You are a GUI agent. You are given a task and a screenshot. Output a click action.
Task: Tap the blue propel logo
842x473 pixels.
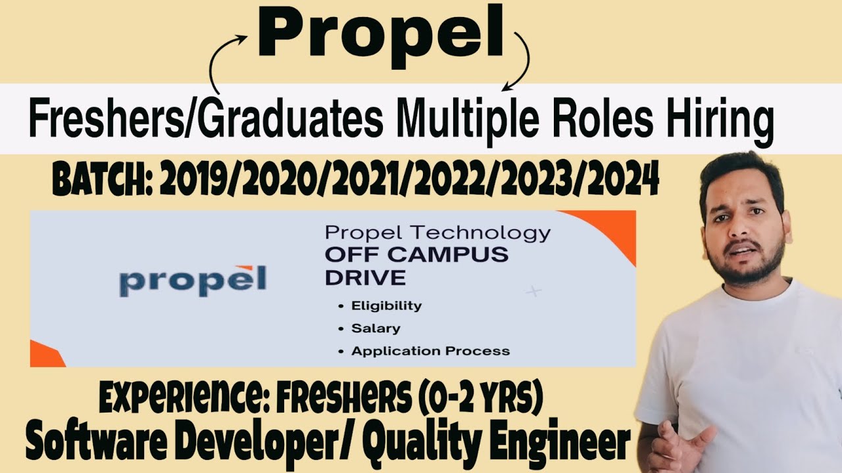[193, 279]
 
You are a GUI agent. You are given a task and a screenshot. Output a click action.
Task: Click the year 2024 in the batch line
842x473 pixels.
[624, 181]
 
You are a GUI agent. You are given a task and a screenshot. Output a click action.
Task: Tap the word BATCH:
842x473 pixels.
[103, 181]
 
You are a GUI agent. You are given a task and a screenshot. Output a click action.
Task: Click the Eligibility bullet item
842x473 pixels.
[386, 305]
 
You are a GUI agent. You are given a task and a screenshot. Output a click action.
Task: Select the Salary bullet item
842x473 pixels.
[376, 328]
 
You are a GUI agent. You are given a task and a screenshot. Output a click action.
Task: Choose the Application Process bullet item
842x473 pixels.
[430, 351]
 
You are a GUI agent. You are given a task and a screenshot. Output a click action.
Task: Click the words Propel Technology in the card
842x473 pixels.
[437, 233]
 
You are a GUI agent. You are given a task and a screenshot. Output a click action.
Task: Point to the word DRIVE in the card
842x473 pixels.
[365, 277]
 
